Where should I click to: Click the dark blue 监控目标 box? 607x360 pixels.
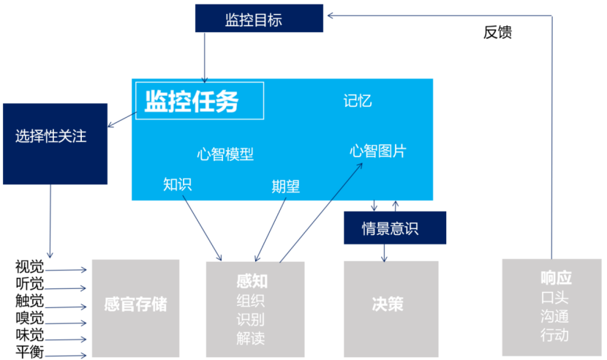[249, 19]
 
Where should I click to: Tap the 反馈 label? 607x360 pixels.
[497, 33]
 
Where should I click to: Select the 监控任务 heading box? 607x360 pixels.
[199, 101]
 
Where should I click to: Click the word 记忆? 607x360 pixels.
[358, 100]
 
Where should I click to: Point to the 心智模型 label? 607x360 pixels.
[225, 154]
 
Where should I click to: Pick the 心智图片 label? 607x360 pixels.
[377, 151]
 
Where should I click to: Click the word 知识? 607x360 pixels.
[178, 184]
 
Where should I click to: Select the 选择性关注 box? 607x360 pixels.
[51, 136]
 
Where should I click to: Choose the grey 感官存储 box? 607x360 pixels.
[135, 304]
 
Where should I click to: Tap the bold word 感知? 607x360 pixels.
[251, 281]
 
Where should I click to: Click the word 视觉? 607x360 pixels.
[29, 266]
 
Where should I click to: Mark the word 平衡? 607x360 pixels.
[29, 353]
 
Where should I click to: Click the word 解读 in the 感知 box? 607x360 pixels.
[251, 338]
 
